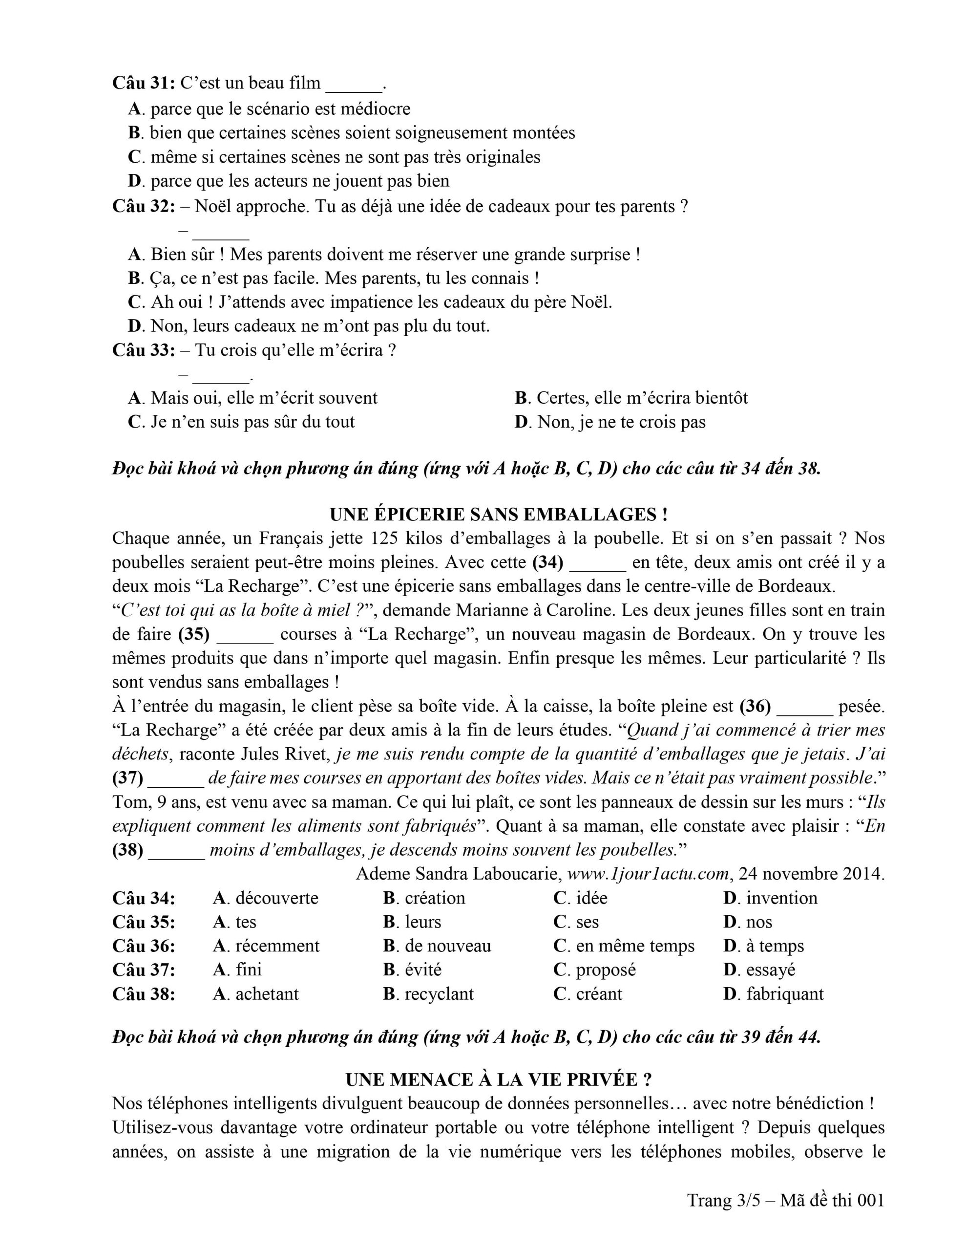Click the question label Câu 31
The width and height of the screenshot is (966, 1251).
(143, 84)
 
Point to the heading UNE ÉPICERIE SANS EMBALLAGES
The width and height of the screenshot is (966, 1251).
(498, 515)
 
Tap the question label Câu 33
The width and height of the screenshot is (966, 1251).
(143, 350)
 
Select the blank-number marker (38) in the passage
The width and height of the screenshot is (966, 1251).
(127, 850)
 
